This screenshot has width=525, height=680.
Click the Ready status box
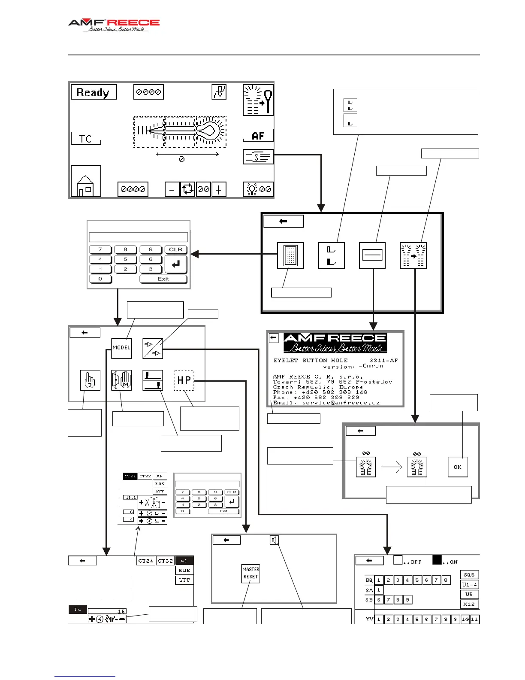coord(94,92)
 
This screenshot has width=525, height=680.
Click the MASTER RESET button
coord(251,573)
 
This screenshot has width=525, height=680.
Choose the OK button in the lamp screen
coord(458,467)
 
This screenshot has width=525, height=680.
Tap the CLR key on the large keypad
coord(176,249)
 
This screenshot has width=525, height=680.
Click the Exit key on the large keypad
coord(163,279)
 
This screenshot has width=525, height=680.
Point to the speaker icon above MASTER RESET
coord(275,540)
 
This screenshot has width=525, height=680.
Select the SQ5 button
coord(469,574)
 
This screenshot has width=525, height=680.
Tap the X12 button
coord(469,604)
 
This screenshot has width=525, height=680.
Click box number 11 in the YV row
coord(475,619)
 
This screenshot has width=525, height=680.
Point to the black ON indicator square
coord(437,560)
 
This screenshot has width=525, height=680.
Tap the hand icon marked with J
coord(90,380)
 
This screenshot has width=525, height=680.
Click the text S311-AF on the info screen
coord(383,360)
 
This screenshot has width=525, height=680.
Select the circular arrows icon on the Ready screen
coord(187,189)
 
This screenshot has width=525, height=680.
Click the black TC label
coord(78,609)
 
